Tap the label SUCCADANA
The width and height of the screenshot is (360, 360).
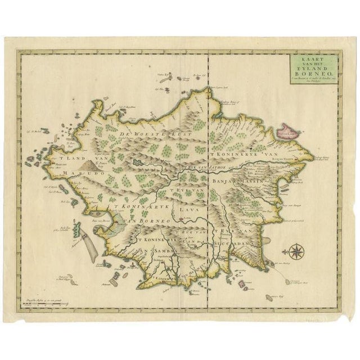click(x=229, y=245)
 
